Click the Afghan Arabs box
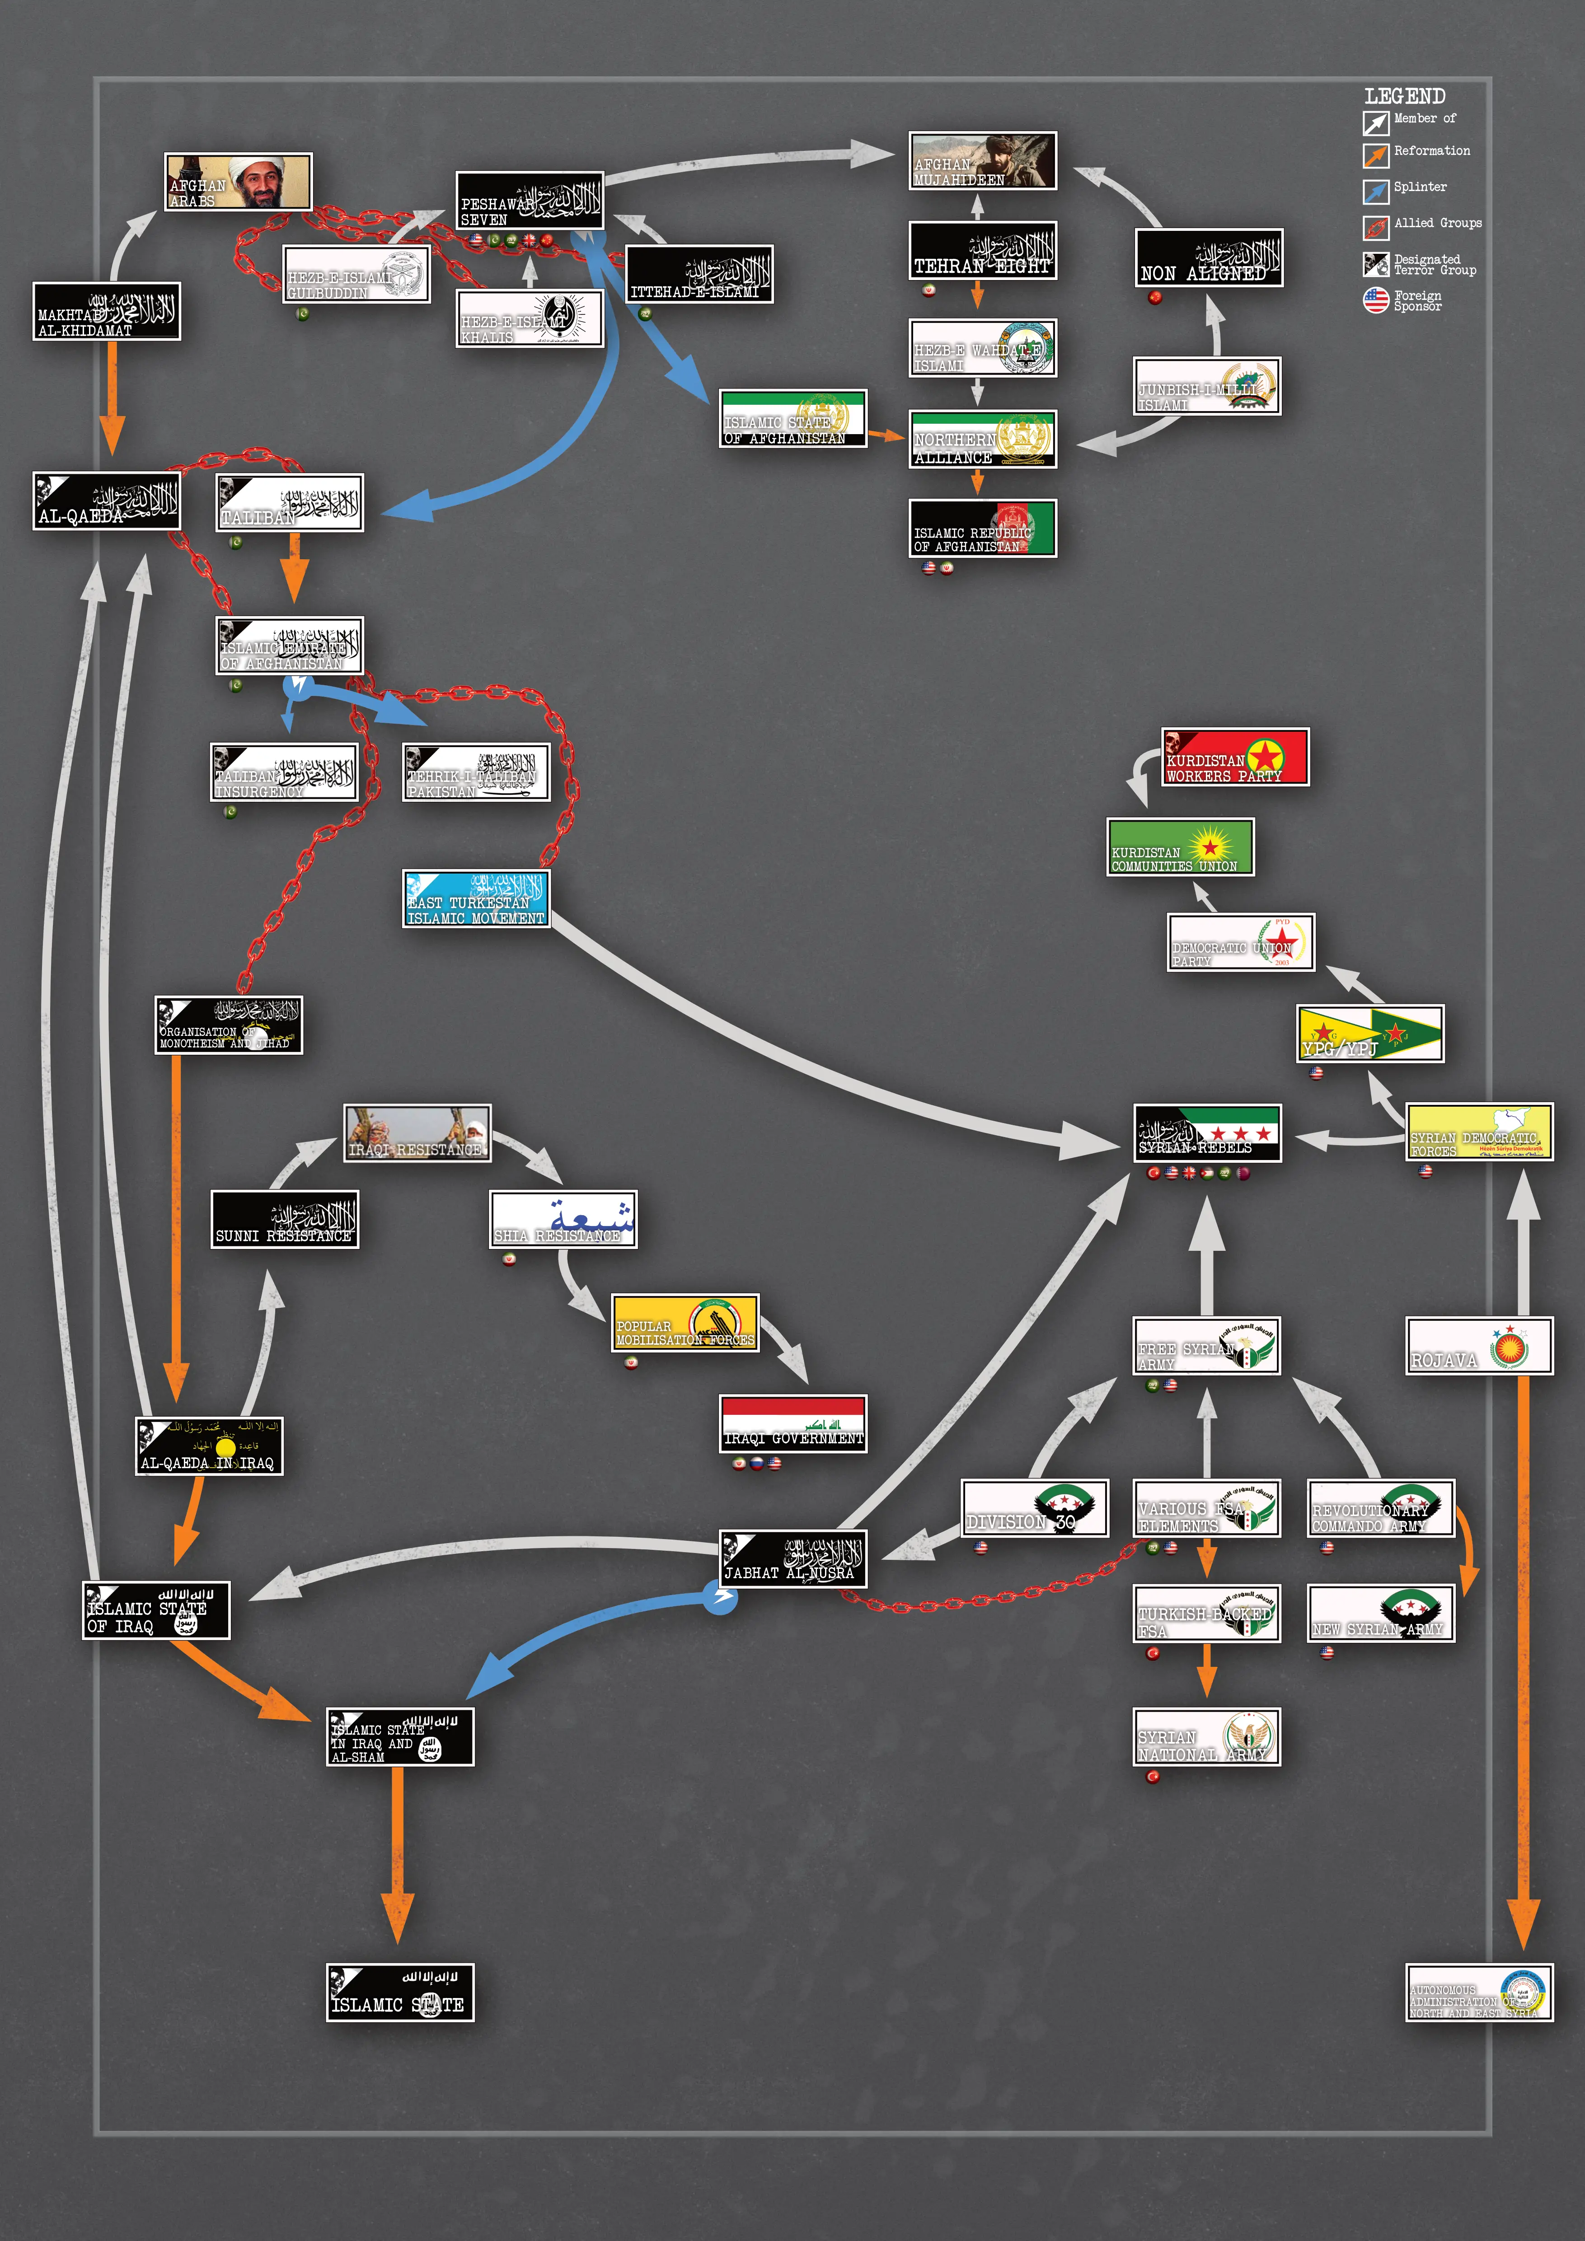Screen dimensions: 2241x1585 coord(238,182)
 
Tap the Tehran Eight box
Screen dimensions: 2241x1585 coord(982,251)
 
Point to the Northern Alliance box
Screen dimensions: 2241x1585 coord(982,439)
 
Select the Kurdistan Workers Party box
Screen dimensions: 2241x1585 coord(1235,757)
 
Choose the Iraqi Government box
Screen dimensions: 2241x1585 coord(792,1424)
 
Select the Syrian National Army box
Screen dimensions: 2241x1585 coord(1206,1736)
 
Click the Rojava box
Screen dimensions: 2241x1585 coord(1479,1346)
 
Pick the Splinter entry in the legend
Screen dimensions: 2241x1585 coord(1420,187)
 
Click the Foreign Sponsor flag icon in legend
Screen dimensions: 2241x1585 coord(1375,299)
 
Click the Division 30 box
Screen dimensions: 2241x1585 coord(1035,1508)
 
